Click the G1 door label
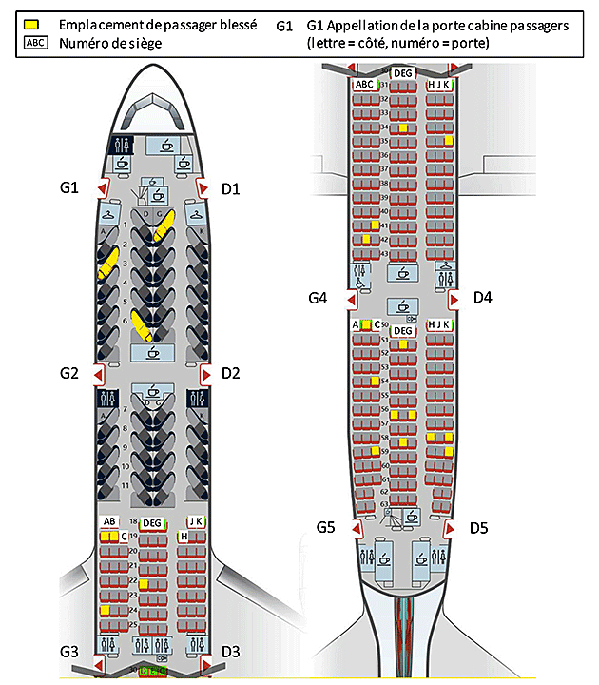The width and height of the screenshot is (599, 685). pos(68,187)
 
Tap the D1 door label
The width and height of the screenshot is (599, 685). pos(230,187)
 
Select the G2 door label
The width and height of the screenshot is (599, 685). pos(68,374)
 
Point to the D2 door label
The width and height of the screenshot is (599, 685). pos(230,374)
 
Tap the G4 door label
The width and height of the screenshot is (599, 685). pos(319,299)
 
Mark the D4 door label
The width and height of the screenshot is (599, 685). pos(483,299)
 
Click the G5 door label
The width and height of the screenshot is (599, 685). pos(328,526)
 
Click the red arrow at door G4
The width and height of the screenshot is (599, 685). pos(350,301)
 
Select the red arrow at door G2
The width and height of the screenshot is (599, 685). pos(100,375)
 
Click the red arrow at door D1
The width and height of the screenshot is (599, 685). pos(202,187)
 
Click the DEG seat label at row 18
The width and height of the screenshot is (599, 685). pos(152,522)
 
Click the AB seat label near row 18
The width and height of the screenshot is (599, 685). pos(109,522)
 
